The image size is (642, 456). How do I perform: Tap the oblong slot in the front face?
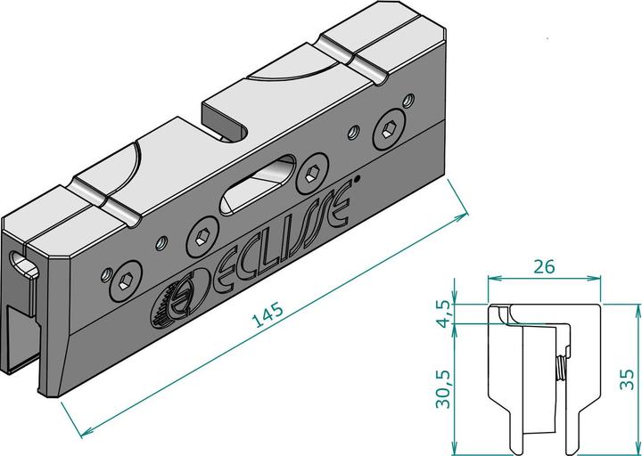256,183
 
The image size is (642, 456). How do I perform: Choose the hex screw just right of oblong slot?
312,171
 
